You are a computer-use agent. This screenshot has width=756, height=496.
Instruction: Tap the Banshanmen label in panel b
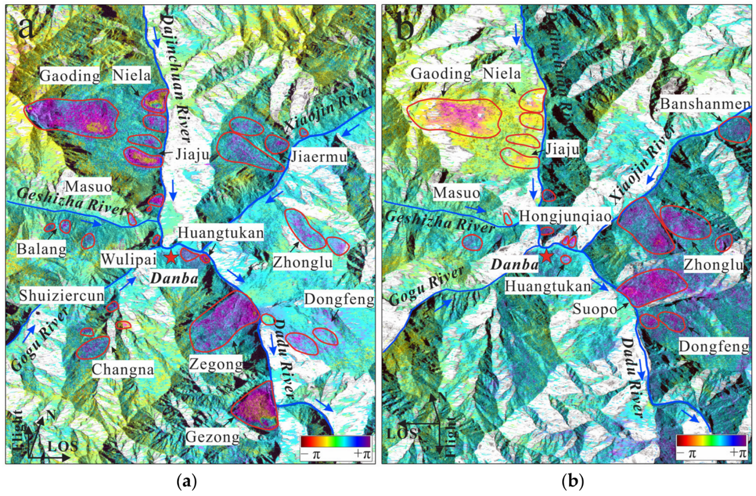pos(703,108)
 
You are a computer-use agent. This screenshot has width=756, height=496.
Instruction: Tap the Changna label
pos(123,370)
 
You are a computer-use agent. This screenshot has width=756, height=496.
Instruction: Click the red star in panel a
pos(171,257)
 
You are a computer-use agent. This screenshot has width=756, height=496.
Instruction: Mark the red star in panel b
pos(546,257)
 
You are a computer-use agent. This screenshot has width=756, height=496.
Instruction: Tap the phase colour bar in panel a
pos(335,441)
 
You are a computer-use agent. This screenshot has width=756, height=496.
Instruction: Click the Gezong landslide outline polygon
pos(256,409)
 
